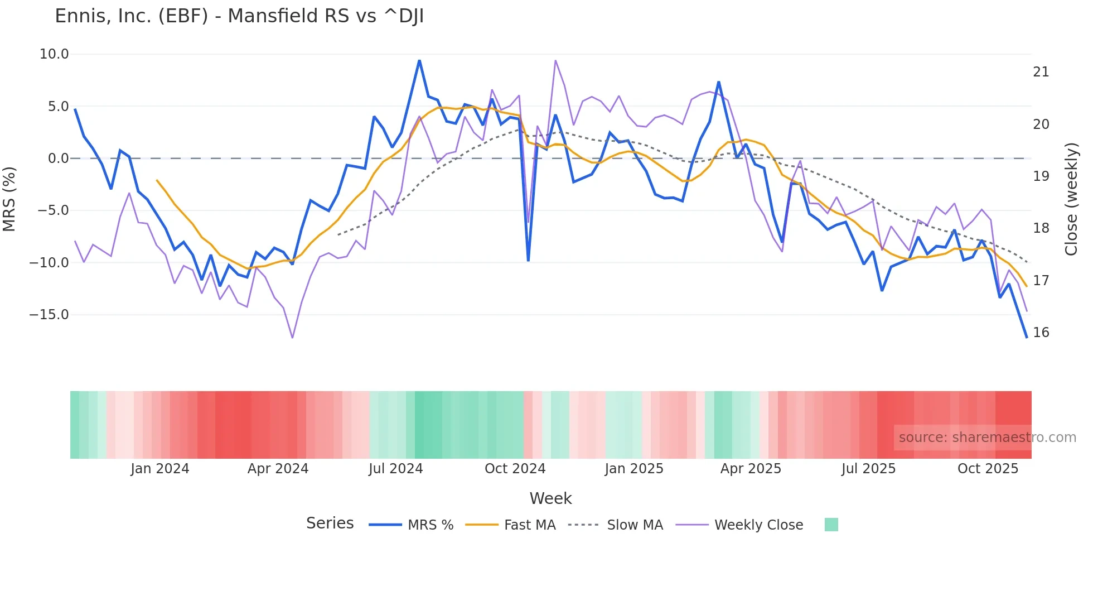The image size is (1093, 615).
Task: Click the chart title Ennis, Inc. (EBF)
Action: [239, 16]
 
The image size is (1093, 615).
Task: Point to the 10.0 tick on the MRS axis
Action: [54, 54]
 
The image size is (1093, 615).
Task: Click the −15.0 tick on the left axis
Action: [49, 315]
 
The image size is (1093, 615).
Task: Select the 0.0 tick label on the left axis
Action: [58, 158]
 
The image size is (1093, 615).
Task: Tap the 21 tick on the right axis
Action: [1041, 72]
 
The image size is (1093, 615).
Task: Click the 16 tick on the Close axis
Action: [1041, 333]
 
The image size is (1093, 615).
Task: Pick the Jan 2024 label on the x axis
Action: [159, 469]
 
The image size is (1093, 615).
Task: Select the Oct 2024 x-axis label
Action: [515, 469]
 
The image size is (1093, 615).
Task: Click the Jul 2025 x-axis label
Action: [868, 469]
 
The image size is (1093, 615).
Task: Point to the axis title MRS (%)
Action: [9, 199]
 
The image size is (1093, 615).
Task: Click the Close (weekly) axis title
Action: [1071, 199]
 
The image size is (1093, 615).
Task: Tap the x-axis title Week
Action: [550, 498]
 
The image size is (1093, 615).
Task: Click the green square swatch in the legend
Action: [831, 525]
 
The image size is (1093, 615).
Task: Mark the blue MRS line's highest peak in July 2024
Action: [419, 60]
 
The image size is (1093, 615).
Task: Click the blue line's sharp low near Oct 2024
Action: [528, 260]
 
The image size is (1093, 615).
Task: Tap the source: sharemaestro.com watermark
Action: [987, 438]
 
